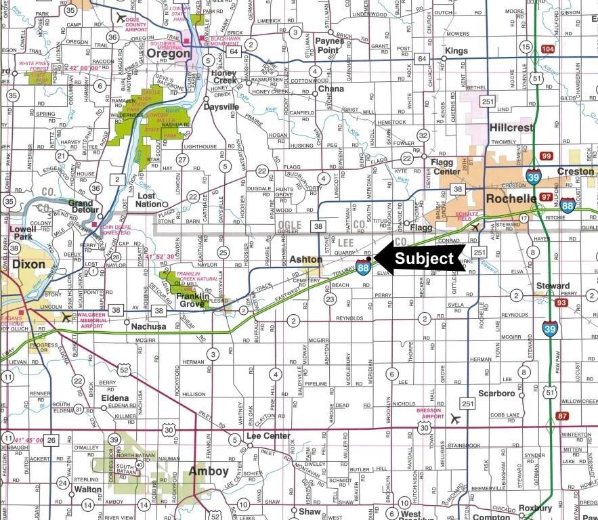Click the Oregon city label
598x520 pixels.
click(x=165, y=53)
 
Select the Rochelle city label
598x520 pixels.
click(x=512, y=199)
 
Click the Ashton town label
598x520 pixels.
click(x=305, y=259)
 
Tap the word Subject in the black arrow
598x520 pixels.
click(x=424, y=258)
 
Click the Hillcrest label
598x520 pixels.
click(x=512, y=127)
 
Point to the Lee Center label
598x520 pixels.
click(x=268, y=436)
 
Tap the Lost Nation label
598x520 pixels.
click(x=150, y=200)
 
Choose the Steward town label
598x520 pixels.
click(x=552, y=286)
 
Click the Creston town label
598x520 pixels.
click(x=574, y=171)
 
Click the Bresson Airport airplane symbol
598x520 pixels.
click(x=454, y=419)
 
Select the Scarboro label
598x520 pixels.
click(x=496, y=393)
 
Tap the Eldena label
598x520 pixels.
click(x=114, y=398)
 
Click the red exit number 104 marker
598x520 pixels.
click(x=547, y=50)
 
